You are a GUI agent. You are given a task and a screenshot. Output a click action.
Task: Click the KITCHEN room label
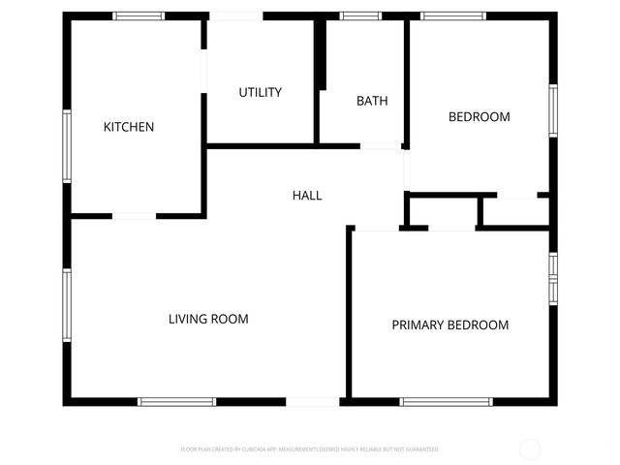tap(129, 127)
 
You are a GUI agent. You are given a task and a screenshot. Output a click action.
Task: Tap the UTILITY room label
tap(261, 92)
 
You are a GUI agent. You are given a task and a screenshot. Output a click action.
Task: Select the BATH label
tap(372, 101)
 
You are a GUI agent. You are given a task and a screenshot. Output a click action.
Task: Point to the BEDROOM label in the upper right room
tap(479, 117)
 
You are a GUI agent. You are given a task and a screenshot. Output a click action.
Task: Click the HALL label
tap(307, 196)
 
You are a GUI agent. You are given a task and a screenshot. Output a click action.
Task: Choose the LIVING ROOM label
tap(208, 319)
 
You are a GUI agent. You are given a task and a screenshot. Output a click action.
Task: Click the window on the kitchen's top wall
tap(139, 15)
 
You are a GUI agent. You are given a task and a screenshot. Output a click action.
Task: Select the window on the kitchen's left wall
tap(67, 145)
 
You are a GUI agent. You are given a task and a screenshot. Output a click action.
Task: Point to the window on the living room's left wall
tap(67, 305)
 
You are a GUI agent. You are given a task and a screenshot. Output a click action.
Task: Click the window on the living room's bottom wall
tap(176, 401)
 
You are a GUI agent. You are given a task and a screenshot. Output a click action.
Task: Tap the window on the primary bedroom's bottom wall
tap(447, 401)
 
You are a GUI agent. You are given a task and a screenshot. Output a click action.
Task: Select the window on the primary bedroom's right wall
tap(552, 278)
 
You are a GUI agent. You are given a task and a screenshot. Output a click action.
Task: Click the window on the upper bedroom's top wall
tap(452, 15)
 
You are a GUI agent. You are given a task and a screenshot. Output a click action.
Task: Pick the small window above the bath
tap(360, 15)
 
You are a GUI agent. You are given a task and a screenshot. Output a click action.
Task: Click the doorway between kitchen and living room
tap(135, 215)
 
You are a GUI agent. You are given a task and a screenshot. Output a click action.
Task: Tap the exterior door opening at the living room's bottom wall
tap(313, 401)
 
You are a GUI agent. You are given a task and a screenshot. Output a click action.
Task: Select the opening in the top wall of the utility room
tap(235, 15)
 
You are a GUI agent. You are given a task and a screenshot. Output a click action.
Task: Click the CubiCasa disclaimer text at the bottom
tap(310, 449)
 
